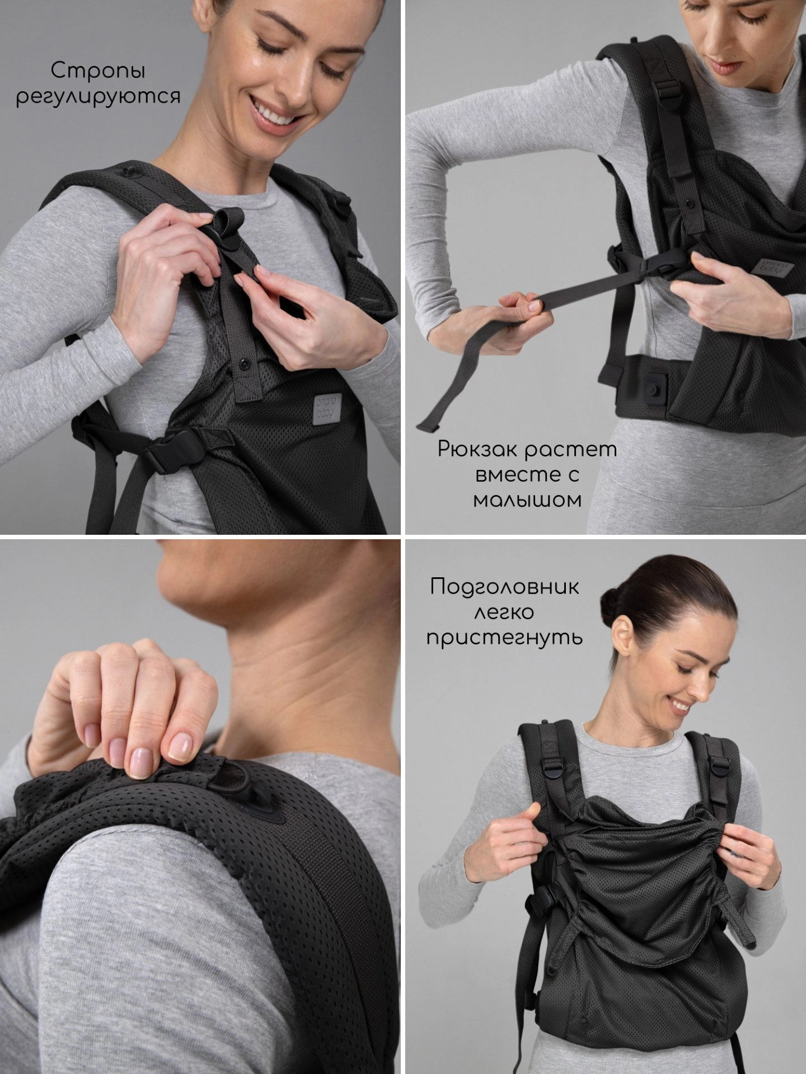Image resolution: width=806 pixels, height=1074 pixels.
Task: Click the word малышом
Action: pos(527,499)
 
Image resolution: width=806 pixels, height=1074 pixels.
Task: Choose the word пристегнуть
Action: pos(504,637)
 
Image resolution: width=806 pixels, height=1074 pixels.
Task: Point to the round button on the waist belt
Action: pos(652,388)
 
